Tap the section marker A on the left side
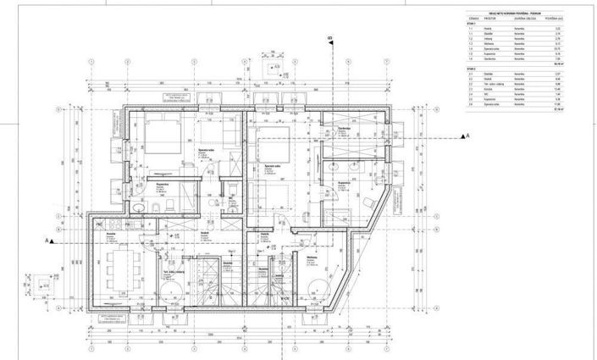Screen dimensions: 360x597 point(47,240)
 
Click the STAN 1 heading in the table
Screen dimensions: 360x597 point(473,23)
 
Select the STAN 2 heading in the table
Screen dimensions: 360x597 point(473,69)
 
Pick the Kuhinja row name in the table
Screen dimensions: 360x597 point(490,89)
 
